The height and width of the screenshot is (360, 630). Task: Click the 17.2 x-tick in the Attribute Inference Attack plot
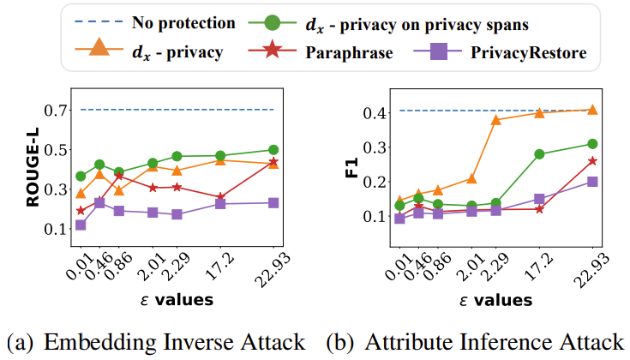pyautogui.click(x=532, y=268)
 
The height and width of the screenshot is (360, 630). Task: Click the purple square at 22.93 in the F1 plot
pyautogui.click(x=592, y=182)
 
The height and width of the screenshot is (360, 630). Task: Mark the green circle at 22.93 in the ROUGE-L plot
pyautogui.click(x=273, y=150)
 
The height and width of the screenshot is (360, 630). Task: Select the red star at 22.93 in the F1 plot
pyautogui.click(x=592, y=161)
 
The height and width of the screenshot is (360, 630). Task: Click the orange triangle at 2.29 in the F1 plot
pyautogui.click(x=495, y=119)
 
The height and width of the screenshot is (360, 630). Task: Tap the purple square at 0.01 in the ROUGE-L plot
pyautogui.click(x=80, y=225)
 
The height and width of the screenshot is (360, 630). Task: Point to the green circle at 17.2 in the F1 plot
pyautogui.click(x=540, y=154)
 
